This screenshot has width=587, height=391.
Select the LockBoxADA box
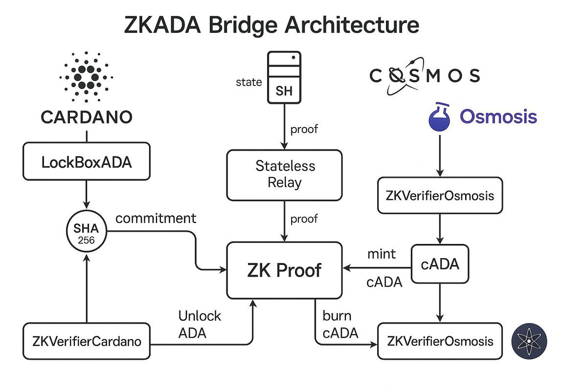(86, 162)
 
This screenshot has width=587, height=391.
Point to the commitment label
(156, 218)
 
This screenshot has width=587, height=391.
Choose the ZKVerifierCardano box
(86, 341)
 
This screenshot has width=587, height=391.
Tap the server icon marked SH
(284, 78)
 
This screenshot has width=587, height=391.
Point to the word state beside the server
(249, 82)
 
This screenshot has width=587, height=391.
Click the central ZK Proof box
(284, 269)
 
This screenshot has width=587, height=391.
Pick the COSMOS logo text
(424, 76)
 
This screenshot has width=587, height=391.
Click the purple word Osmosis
(498, 117)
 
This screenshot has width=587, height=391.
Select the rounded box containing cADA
(440, 264)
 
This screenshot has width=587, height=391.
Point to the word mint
(382, 254)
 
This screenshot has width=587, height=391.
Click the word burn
(337, 316)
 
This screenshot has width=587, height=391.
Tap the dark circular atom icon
(529, 341)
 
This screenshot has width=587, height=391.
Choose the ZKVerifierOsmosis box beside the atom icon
(440, 341)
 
